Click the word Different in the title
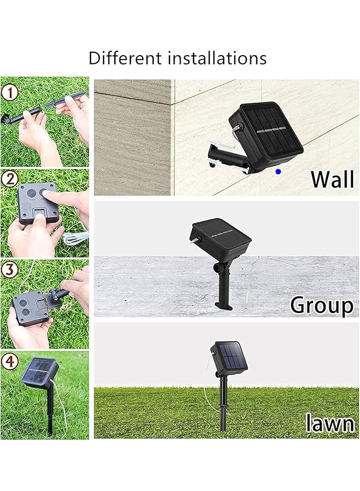[x=122, y=58]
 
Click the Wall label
[x=332, y=179]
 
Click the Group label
[x=321, y=304]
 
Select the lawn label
[x=329, y=423]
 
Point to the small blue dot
[x=278, y=171]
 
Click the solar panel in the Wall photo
[x=271, y=129]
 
